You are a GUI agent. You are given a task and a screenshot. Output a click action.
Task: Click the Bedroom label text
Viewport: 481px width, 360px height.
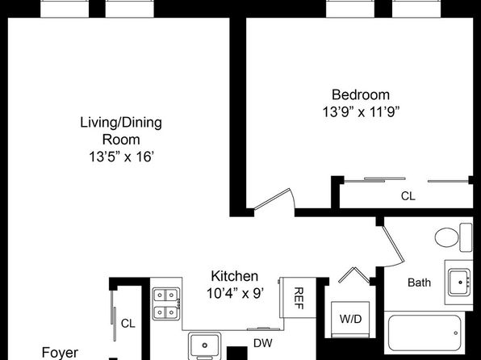(x=361, y=94)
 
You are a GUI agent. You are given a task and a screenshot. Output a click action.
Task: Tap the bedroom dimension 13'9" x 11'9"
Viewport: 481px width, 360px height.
(x=361, y=112)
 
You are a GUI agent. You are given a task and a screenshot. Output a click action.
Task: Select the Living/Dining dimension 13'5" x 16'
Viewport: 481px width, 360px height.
(x=121, y=157)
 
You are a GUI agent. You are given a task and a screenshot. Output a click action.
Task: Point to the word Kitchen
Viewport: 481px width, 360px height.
(x=235, y=276)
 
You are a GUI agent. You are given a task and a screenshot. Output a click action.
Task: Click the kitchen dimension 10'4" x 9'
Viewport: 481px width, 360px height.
(x=235, y=293)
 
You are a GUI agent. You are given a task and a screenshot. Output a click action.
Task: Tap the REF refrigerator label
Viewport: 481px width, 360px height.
(x=299, y=299)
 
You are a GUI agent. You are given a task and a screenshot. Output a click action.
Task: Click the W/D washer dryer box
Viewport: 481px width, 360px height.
(x=350, y=319)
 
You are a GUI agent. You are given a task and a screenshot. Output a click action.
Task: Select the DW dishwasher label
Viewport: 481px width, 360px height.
(x=263, y=343)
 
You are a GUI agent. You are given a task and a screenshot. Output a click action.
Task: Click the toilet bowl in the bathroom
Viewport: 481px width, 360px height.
(x=447, y=237)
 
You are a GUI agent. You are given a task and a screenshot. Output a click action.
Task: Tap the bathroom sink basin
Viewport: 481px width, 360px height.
(x=459, y=283)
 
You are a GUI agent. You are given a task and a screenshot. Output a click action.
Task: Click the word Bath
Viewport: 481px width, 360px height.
(x=419, y=283)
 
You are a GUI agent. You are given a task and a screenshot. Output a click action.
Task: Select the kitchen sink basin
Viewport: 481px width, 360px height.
(x=205, y=345)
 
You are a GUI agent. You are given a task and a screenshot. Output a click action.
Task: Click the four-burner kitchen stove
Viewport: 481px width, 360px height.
(x=166, y=303)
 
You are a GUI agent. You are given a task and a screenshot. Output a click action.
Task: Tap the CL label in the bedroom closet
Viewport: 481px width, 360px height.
(x=408, y=196)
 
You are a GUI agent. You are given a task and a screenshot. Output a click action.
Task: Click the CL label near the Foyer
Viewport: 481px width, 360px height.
(x=128, y=323)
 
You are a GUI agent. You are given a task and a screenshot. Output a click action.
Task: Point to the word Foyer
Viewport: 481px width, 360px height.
(x=60, y=353)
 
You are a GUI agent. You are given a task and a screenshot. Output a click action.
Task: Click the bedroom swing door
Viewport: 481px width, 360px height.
(x=272, y=199)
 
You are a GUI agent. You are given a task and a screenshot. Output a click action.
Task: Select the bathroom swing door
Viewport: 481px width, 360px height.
(x=394, y=245)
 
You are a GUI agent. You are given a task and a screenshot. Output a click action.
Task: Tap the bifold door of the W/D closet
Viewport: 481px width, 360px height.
(x=354, y=275)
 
